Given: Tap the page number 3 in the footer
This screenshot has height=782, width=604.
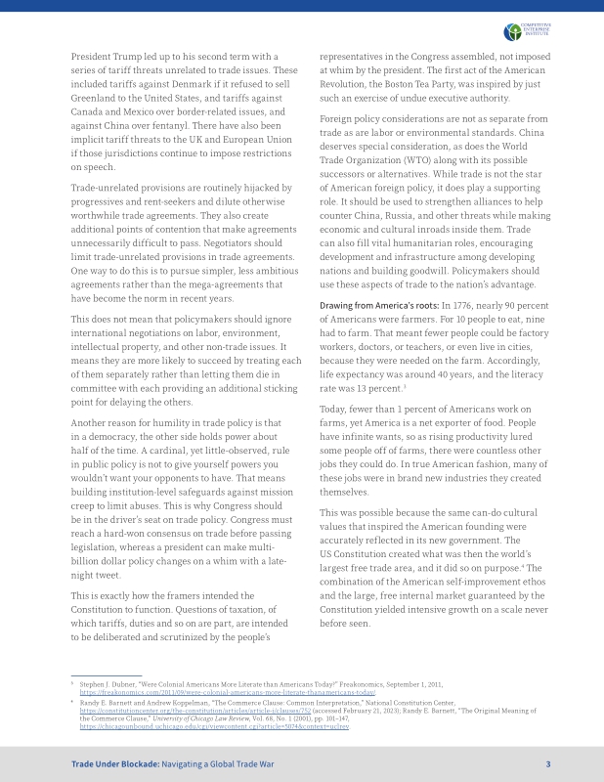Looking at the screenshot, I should click(548, 763).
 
